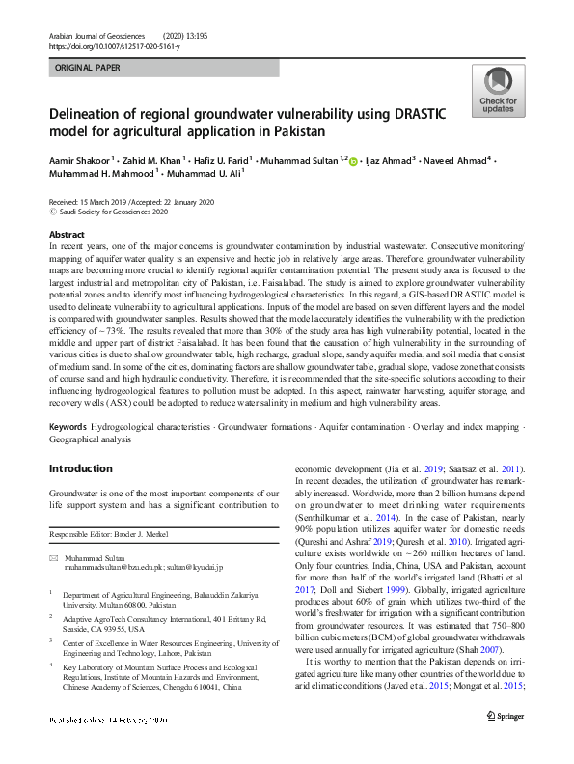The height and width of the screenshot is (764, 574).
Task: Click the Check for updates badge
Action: [x=498, y=92]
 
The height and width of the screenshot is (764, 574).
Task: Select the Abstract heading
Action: [x=67, y=235]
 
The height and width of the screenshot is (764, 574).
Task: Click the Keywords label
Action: [x=68, y=426]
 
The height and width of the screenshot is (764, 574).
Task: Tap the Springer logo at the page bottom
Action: [x=504, y=741]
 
